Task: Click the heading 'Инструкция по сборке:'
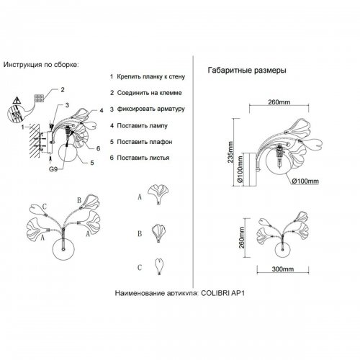point(41,65)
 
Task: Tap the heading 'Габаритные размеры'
point(247,71)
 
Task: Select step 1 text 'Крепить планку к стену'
point(151,77)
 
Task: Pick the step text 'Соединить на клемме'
point(149,93)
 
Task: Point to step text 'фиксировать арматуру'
point(151,109)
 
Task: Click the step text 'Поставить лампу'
point(142,125)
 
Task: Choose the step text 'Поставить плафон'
point(145,142)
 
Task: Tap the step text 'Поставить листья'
point(143,158)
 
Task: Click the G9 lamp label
point(53,169)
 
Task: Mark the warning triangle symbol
point(17,100)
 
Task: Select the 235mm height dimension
point(230,152)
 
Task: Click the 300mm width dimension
point(283,269)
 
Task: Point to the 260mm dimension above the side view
point(279,102)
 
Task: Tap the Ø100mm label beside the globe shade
point(305,181)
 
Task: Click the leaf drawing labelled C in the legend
point(159,266)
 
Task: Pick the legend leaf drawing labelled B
point(159,233)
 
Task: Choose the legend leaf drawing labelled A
point(158,194)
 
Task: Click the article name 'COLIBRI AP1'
point(222,293)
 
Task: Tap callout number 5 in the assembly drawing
point(92,163)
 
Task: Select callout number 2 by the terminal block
point(63,90)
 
